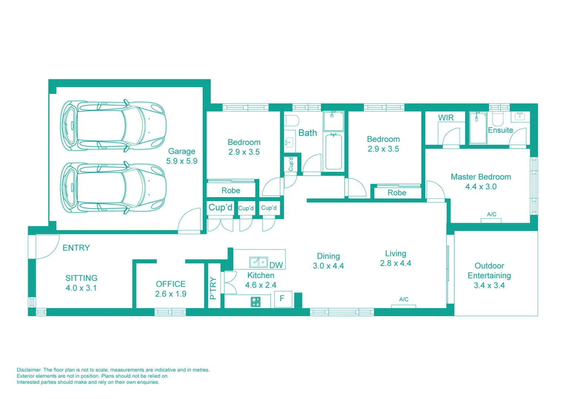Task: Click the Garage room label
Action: coord(182,151)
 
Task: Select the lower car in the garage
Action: coord(113,188)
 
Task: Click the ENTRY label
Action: coord(76,248)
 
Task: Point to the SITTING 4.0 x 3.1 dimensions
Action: coord(81,288)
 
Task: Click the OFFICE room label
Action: coord(171,284)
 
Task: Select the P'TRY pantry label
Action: coord(213,288)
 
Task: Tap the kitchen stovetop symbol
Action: coord(255,302)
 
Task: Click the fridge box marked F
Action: coord(282,299)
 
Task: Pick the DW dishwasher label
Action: coord(276,265)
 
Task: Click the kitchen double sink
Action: coord(258,262)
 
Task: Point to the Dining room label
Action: coord(328,256)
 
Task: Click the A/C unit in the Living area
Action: coord(404,306)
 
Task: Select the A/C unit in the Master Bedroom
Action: coord(491,220)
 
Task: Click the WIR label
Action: coord(446,118)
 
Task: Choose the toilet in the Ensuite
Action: coord(498,119)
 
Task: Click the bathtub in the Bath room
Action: coord(333,152)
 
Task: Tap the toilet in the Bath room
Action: coord(292,121)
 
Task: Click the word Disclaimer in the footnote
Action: coord(29,370)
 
